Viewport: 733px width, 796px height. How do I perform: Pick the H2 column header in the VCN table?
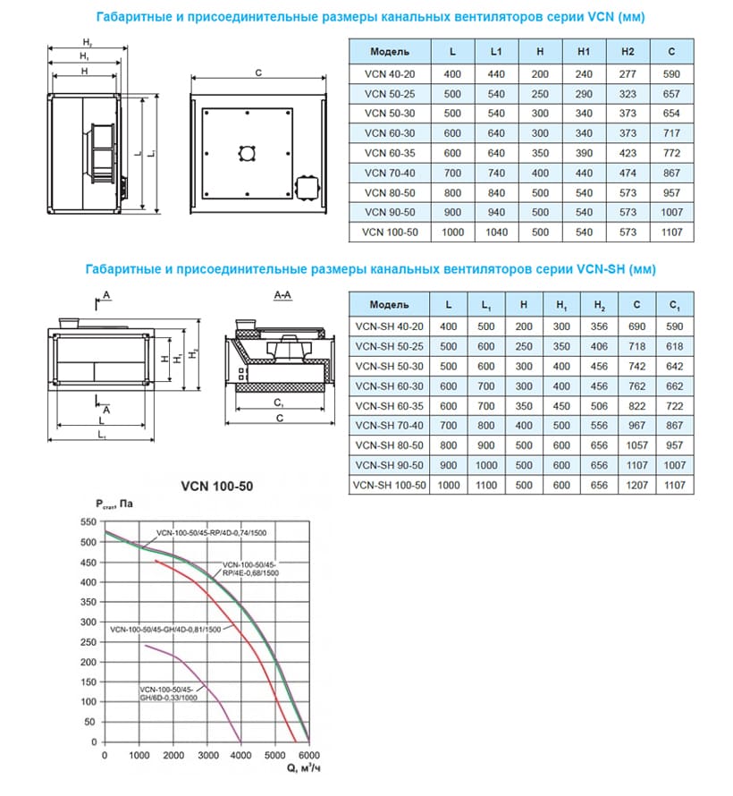pyautogui.click(x=628, y=53)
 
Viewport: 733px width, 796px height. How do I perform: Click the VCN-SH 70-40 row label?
pyautogui.click(x=388, y=426)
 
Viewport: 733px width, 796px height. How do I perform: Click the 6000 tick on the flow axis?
pyautogui.click(x=308, y=756)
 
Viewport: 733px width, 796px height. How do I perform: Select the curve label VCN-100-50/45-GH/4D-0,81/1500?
pyautogui.click(x=165, y=630)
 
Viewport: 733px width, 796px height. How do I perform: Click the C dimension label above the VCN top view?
pyautogui.click(x=257, y=75)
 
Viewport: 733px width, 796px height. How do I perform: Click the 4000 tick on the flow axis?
pyautogui.click(x=240, y=756)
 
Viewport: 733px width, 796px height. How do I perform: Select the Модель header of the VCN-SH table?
pyautogui.click(x=388, y=305)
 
